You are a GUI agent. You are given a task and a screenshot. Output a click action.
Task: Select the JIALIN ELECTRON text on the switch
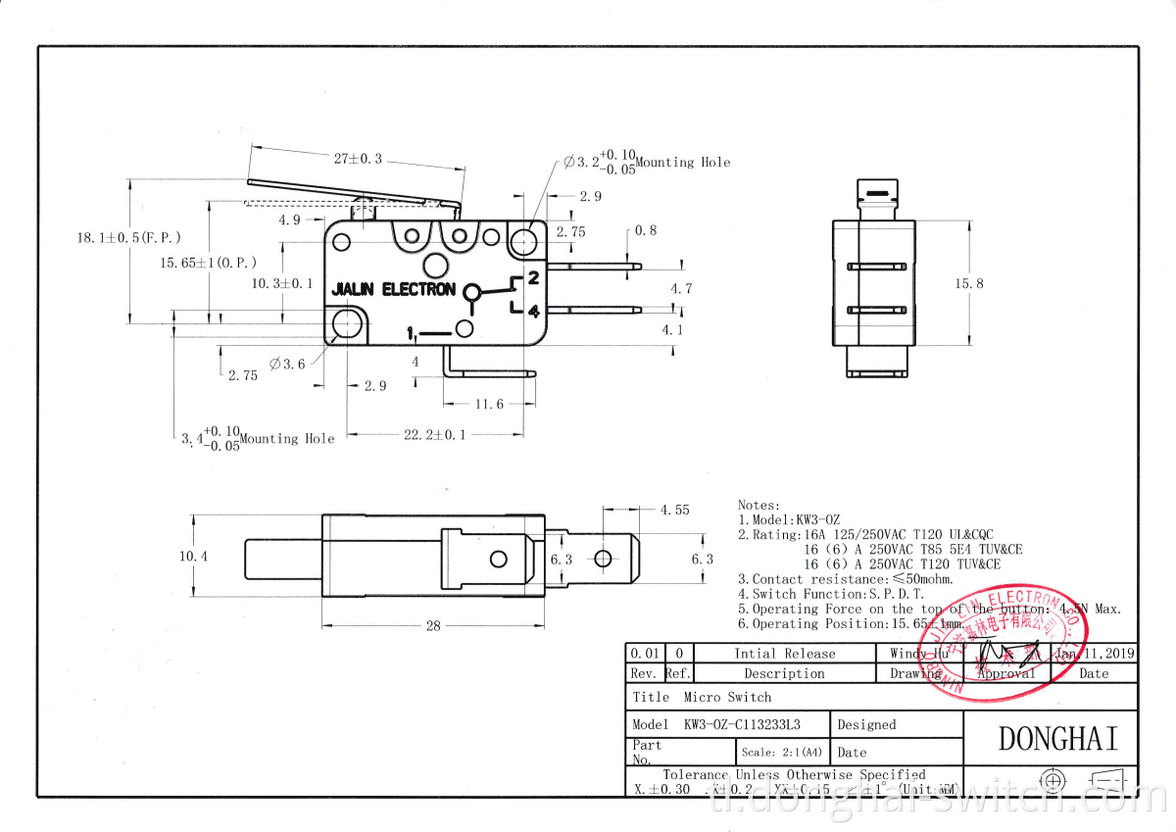pos(393,290)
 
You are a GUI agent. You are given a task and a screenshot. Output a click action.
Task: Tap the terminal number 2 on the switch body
pos(534,277)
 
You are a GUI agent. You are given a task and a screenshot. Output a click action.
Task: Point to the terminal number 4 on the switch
pos(534,312)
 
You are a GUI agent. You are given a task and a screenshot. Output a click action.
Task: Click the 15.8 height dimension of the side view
pos(969,283)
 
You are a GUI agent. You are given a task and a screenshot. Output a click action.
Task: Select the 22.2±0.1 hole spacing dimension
pos(435,434)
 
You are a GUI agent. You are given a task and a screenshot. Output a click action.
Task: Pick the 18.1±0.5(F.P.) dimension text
pos(128,237)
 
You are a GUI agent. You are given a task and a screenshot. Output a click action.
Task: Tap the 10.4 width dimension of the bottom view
pos(193,556)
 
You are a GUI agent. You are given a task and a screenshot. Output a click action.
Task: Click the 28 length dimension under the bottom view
pos(432,626)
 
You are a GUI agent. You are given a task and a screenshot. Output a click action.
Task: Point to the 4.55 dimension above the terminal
pos(674,510)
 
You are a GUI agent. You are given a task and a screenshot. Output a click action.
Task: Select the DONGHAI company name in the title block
pos(1057,739)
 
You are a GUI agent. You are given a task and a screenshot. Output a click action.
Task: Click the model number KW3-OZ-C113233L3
pos(742,725)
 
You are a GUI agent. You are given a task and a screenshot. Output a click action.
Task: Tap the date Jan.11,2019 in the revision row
pos(1095,653)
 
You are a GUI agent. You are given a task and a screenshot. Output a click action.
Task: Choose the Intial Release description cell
pos(784,654)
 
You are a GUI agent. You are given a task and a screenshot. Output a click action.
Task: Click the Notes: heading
pos(759,505)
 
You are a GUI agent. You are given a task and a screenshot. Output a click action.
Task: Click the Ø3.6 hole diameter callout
pos(287,364)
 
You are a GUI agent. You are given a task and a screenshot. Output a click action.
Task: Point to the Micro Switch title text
pos(728,697)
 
